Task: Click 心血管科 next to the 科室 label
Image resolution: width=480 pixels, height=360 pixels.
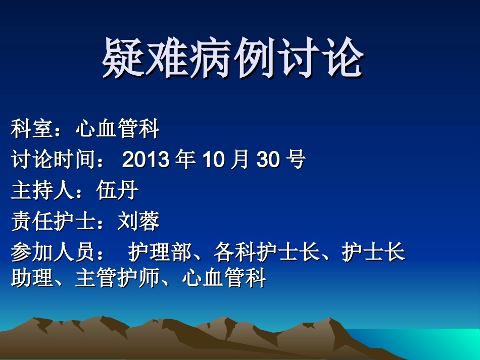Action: (x=117, y=130)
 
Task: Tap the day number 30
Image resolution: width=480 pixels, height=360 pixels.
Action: (x=268, y=160)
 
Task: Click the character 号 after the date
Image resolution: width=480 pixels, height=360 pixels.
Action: (x=296, y=160)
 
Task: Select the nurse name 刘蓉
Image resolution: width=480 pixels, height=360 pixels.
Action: (x=138, y=221)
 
